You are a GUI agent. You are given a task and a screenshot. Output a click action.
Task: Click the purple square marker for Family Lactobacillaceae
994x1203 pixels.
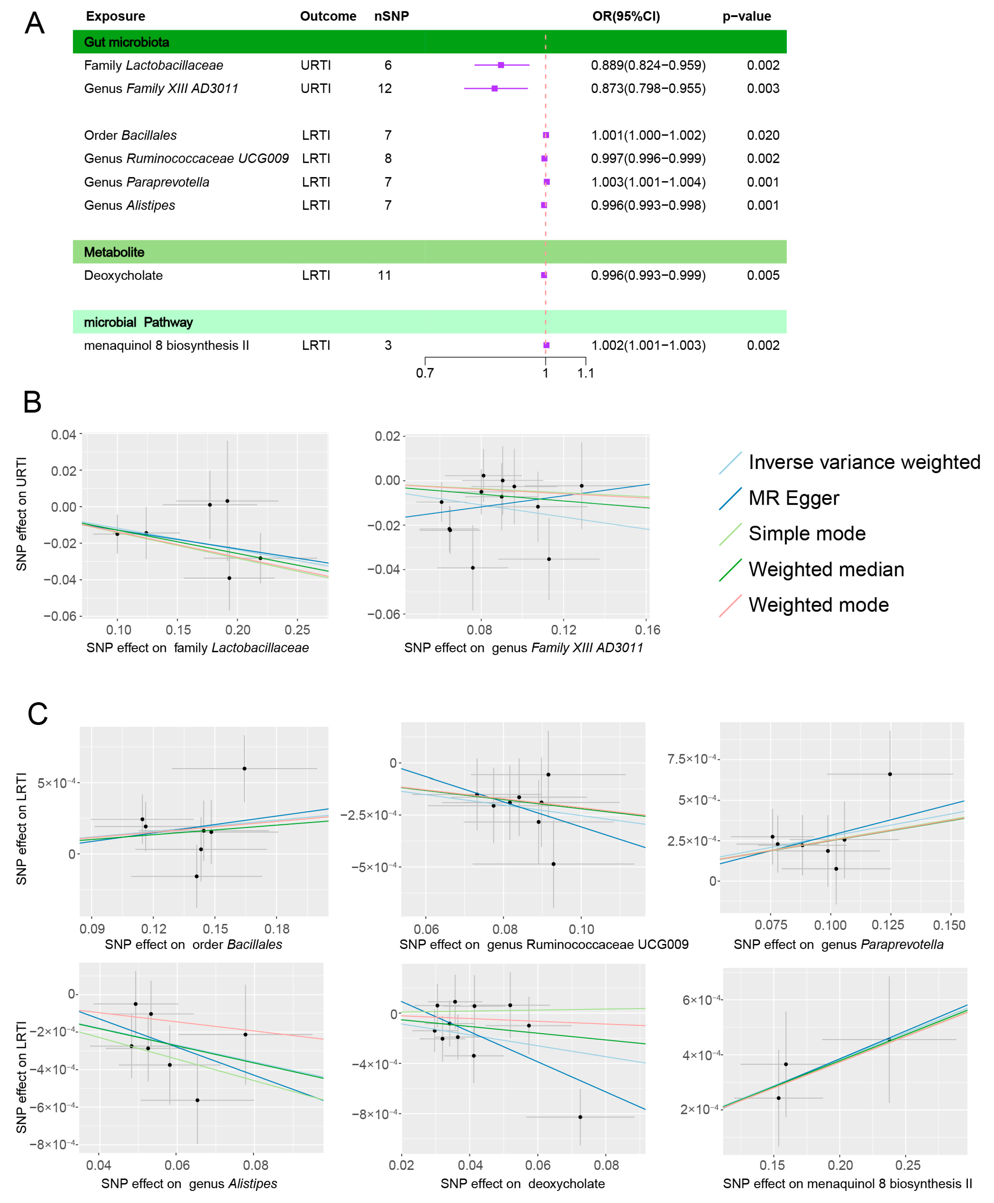(x=501, y=65)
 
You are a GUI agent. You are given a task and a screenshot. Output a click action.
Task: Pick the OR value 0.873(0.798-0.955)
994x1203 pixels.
(x=648, y=89)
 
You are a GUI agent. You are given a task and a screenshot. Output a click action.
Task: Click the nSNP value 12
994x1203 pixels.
(x=385, y=89)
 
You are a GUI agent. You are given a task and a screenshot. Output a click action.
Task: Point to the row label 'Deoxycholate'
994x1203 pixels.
(x=123, y=275)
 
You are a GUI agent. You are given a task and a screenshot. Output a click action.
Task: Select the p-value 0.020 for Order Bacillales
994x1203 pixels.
(x=763, y=135)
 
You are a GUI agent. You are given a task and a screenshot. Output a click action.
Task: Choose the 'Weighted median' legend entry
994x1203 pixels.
(x=826, y=569)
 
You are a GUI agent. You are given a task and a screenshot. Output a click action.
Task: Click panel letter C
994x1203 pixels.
(x=38, y=714)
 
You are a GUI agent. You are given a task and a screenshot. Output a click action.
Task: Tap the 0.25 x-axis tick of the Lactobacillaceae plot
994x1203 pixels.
(x=297, y=630)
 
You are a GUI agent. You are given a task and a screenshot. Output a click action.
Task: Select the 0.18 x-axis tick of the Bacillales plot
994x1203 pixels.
(x=277, y=929)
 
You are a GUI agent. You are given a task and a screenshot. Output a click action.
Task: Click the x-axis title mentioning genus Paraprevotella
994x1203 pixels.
(x=838, y=944)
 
